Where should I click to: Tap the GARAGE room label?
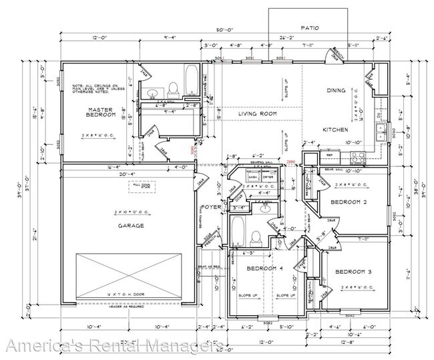[x=131, y=226]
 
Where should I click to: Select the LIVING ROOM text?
[x=257, y=114]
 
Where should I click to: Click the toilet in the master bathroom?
[x=174, y=87]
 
